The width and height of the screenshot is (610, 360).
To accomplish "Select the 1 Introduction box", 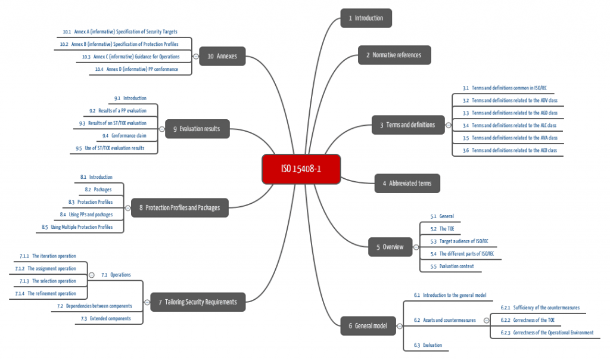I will coord(366,18).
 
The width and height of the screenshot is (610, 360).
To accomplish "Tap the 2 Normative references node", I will coord(394,55).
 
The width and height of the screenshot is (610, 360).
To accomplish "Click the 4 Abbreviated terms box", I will coord(407,183).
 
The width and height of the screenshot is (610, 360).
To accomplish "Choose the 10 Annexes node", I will coord(222,56).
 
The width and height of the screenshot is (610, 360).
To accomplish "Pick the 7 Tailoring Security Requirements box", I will coord(198,302).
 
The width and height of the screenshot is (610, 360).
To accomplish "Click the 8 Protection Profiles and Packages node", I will coord(179,207).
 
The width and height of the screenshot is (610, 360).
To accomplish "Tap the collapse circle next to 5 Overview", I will coord(416,247).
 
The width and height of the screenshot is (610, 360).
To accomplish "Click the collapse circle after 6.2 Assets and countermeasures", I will coord(486,320).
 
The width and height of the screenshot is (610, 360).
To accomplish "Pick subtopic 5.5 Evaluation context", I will coord(452,266).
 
